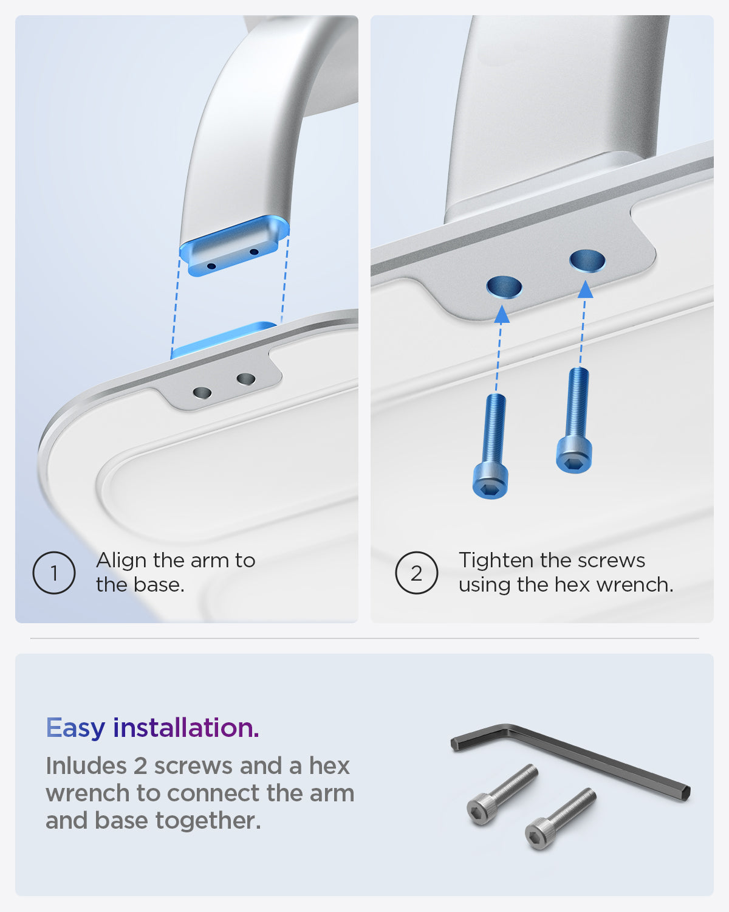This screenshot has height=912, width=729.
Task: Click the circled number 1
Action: (54, 573)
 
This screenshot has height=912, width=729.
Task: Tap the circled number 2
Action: (416, 573)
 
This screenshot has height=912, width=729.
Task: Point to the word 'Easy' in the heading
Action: (75, 728)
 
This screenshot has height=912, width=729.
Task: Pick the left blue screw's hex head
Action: (490, 482)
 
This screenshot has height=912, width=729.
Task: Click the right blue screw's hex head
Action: (574, 455)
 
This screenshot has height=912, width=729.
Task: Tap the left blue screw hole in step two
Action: (504, 287)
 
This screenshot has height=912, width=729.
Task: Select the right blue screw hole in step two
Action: (587, 261)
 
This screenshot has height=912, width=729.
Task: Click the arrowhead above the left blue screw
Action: (502, 314)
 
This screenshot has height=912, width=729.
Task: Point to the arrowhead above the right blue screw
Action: (586, 289)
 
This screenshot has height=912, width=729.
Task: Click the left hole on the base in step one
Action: (202, 393)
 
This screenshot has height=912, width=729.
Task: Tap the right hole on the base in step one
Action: (245, 379)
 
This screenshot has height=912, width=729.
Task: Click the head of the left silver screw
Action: (481, 810)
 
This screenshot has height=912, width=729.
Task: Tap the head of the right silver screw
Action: (539, 834)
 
